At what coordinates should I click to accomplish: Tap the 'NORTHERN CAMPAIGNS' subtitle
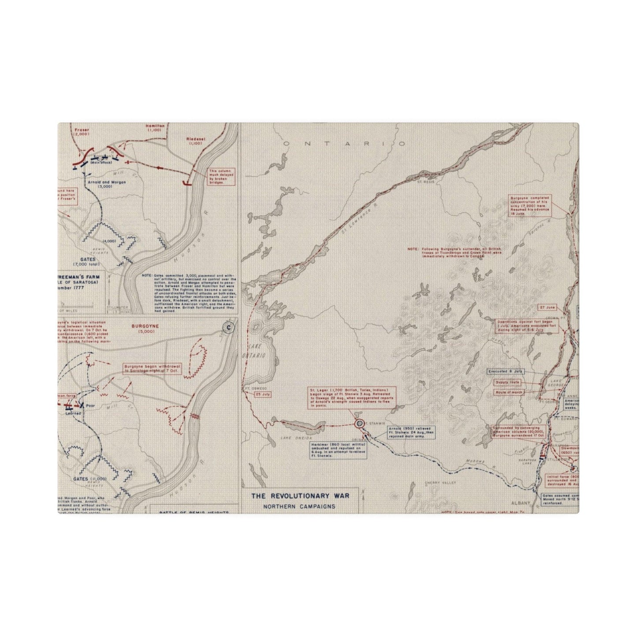[x=299, y=506]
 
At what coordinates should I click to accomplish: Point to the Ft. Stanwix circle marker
[x=359, y=424]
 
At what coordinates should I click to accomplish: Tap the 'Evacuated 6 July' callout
[x=507, y=372]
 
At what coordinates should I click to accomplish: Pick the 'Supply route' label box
[x=508, y=382]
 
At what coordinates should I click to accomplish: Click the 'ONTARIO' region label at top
[x=344, y=144]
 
